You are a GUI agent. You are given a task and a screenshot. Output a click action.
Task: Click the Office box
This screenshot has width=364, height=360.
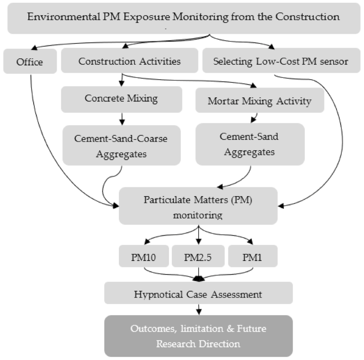point(30,62)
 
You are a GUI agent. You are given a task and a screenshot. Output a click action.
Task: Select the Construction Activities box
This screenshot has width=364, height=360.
point(129,62)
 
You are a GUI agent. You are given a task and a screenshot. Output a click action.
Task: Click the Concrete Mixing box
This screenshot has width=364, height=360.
point(121,99)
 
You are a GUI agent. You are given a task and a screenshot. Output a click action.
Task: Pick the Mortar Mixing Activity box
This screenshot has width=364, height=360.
point(259,101)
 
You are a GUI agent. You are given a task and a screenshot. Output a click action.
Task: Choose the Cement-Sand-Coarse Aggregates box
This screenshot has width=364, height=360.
point(121,146)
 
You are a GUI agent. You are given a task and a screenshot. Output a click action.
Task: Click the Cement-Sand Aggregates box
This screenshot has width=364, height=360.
point(250,144)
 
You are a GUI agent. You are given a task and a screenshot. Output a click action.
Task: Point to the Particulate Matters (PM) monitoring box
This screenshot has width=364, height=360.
point(198,206)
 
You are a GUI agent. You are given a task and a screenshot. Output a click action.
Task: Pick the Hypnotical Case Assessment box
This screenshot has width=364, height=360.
point(198,294)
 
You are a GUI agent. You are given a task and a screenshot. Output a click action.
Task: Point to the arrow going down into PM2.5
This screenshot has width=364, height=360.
point(198,239)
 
